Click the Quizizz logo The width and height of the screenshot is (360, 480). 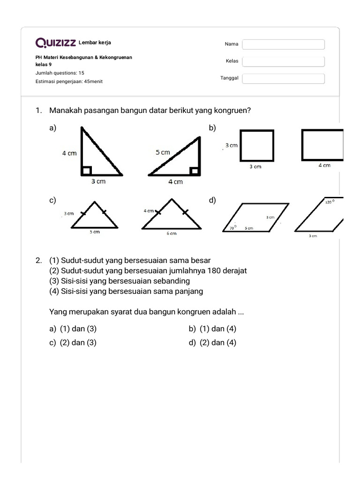56,44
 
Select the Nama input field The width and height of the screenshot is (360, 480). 283,45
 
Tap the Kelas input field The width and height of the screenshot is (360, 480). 283,61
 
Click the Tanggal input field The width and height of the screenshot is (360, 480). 283,79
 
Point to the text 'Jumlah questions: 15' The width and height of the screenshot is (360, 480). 60,73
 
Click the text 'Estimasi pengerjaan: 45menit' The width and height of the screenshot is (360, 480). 69,82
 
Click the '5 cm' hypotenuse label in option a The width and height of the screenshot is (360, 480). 163,152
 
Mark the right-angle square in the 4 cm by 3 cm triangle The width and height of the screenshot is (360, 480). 87,171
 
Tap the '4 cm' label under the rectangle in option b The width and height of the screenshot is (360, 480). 324,165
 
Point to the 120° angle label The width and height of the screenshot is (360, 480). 330,202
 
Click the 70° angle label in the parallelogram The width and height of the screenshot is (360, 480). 232,227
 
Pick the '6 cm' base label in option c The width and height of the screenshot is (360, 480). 172,233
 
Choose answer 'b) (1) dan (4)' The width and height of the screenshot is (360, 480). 213,329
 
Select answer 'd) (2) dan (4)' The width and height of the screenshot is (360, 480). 213,343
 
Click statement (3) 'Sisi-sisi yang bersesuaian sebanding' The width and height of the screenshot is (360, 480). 120,281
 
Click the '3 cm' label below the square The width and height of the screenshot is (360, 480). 255,166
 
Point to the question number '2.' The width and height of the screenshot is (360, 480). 39,260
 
